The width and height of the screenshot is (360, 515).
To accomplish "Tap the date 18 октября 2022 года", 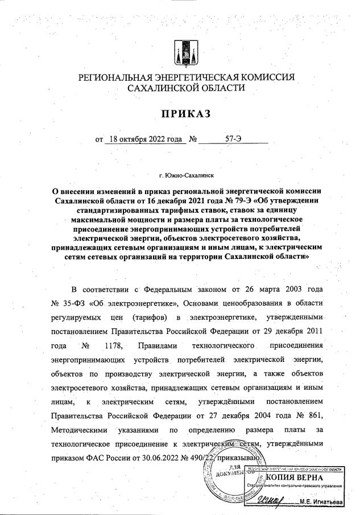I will (x=145, y=138).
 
